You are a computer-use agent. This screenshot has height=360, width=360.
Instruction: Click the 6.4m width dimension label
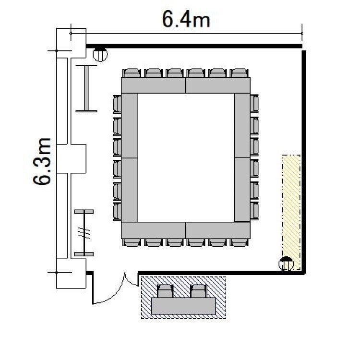click(x=186, y=19)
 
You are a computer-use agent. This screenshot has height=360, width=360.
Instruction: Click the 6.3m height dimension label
click(x=42, y=161)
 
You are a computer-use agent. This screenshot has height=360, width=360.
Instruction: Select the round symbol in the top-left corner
click(x=100, y=54)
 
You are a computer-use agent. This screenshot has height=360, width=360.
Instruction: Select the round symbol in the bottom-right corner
click(x=286, y=264)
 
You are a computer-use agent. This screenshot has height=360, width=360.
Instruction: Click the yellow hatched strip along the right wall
click(x=291, y=212)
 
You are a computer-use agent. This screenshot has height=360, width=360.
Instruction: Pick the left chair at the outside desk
click(x=165, y=291)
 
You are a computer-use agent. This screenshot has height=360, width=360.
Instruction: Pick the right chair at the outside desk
click(x=199, y=291)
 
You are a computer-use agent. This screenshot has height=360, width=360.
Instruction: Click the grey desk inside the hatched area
click(x=183, y=306)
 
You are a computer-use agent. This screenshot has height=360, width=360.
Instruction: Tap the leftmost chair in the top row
click(x=132, y=73)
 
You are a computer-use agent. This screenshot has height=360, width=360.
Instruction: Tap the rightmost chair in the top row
click(x=239, y=73)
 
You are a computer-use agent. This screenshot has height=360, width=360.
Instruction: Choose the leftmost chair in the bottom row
click(x=132, y=243)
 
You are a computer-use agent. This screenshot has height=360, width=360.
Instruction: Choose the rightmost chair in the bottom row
click(x=239, y=243)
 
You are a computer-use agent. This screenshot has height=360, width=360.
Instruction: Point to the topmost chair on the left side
click(x=117, y=104)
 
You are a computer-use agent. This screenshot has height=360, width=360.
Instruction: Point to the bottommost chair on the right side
click(x=254, y=211)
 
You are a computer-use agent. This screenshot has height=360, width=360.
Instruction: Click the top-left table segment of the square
click(x=153, y=85)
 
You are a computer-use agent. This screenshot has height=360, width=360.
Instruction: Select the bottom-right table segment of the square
click(x=217, y=230)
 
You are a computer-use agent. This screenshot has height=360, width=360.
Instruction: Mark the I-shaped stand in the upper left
click(x=86, y=89)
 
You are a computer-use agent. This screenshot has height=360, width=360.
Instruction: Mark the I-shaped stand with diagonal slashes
click(x=84, y=233)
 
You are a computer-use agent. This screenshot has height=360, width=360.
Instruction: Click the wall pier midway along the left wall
click(x=72, y=159)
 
